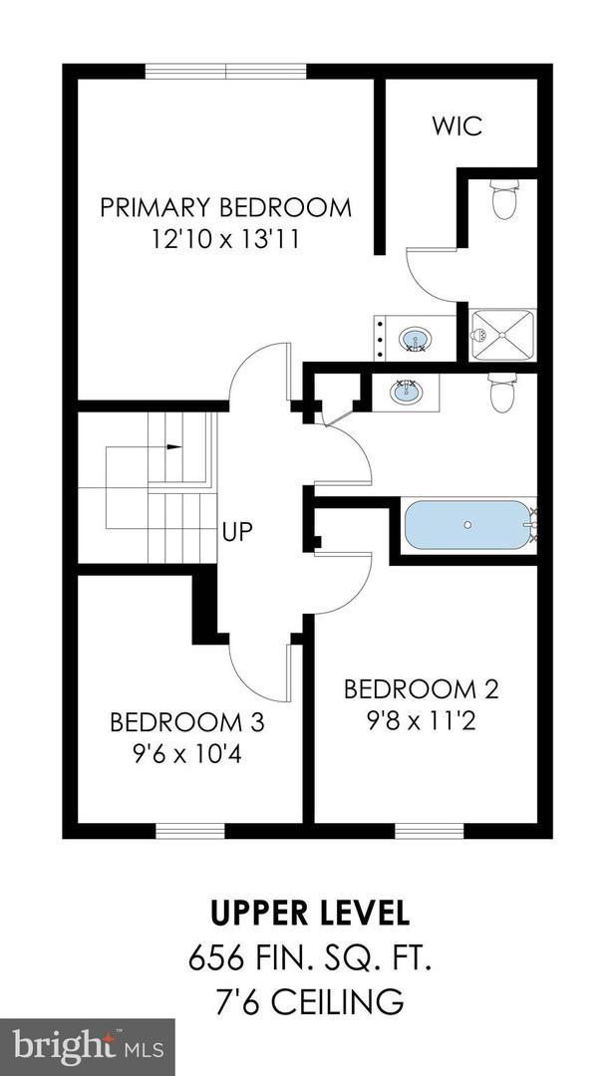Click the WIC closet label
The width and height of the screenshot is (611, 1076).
tap(457, 127)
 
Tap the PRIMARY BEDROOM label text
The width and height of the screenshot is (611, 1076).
tap(226, 207)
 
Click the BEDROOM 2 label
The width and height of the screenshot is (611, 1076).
tap(421, 688)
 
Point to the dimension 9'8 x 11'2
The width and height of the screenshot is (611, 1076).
tap(421, 719)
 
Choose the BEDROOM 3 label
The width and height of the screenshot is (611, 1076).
tap(186, 721)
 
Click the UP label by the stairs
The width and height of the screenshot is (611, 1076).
tap(237, 531)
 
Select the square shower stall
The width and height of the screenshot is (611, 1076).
tap(503, 336)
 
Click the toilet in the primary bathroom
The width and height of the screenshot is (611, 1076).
tap(505, 198)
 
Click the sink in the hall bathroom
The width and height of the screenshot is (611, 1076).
tap(407, 391)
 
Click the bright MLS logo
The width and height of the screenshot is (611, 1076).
tap(88, 1047)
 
